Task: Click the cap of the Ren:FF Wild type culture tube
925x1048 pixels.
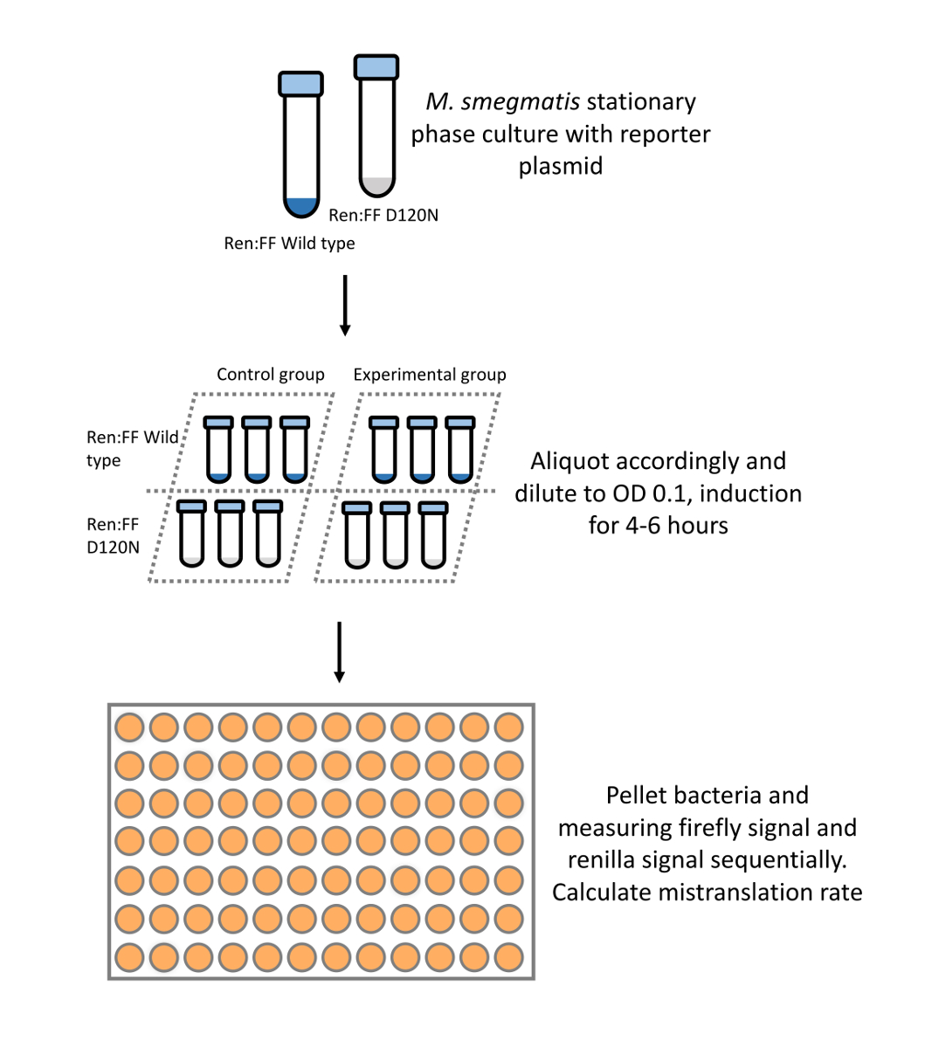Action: tap(300, 84)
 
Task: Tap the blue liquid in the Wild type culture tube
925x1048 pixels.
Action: tap(300, 207)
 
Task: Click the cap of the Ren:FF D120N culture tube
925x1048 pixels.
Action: tap(376, 66)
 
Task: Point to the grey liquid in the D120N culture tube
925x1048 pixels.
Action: tap(376, 186)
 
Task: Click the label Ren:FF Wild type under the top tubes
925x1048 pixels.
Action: tap(289, 244)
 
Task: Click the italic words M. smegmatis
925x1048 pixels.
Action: tap(502, 102)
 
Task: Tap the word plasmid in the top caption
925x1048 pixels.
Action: tap(560, 166)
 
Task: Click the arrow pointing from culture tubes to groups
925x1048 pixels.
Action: tap(345, 305)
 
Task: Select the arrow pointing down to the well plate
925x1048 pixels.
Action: tap(340, 652)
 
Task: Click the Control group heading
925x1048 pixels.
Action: tap(271, 375)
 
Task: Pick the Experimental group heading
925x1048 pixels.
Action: tap(430, 375)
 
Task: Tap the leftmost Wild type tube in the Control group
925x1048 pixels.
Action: tap(218, 449)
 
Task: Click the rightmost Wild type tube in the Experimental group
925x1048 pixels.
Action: tap(459, 449)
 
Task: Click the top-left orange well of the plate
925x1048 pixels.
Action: tap(129, 727)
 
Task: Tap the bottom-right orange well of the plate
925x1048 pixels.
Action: tap(508, 957)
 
